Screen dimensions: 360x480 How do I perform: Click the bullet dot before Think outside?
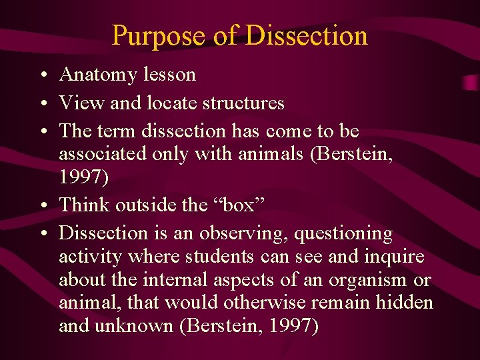pyautogui.click(x=42, y=205)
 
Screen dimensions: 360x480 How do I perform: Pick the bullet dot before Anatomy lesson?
pyautogui.click(x=42, y=75)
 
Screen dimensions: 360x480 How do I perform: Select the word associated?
pyautogui.click(x=99, y=154)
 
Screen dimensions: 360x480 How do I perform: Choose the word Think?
pyautogui.click(x=81, y=205)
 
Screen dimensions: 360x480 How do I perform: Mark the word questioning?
pyautogui.click(x=343, y=234)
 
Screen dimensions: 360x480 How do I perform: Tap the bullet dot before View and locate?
pyautogui.click(x=42, y=103)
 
